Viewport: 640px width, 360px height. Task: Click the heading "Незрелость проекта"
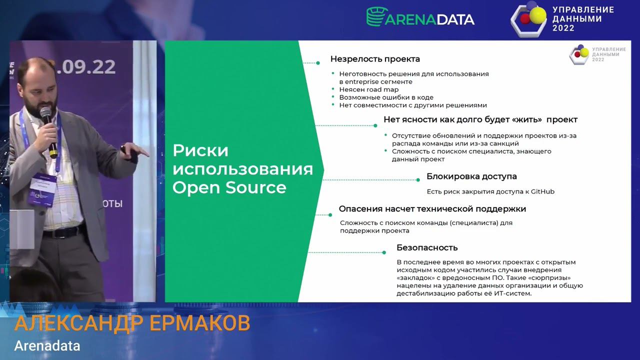pyautogui.click(x=375, y=59)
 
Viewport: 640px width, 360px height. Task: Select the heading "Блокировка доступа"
pyautogui.click(x=471, y=176)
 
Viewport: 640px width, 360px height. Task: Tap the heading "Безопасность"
pyautogui.click(x=427, y=247)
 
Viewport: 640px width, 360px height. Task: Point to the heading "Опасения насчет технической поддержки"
pyautogui.click(x=432, y=209)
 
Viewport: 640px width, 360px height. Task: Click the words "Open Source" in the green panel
pyautogui.click(x=229, y=187)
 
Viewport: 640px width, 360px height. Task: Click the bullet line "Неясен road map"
pyautogui.click(x=369, y=89)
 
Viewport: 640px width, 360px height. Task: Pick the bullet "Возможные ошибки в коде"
pyautogui.click(x=386, y=97)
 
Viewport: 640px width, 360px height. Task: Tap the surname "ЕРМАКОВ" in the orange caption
pyautogui.click(x=199, y=324)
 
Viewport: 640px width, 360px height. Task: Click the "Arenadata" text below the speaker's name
pyautogui.click(x=47, y=345)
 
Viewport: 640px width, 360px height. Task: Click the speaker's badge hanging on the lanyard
pyautogui.click(x=42, y=189)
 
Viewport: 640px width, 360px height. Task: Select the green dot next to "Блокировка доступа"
pyautogui.click(x=418, y=179)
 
